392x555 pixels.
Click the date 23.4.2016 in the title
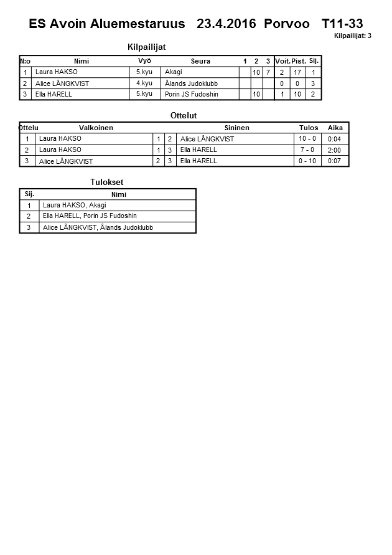coord(226,24)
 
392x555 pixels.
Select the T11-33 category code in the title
coord(342,24)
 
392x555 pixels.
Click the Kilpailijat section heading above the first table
coord(146,47)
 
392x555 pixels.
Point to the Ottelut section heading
coord(184,115)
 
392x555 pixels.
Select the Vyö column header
coord(144,61)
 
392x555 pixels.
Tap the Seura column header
coord(200,61)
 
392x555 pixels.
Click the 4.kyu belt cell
coord(144,83)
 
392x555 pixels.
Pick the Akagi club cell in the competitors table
coord(174,72)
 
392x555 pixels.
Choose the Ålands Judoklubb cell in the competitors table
coord(191,83)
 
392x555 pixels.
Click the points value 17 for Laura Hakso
coord(297,72)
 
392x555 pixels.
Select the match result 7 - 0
coord(307,150)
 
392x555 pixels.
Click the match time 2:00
coord(334,150)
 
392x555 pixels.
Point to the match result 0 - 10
coord(307,161)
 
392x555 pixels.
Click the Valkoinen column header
coord(96,128)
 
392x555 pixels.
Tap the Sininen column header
coord(236,128)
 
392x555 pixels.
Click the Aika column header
coord(335,128)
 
